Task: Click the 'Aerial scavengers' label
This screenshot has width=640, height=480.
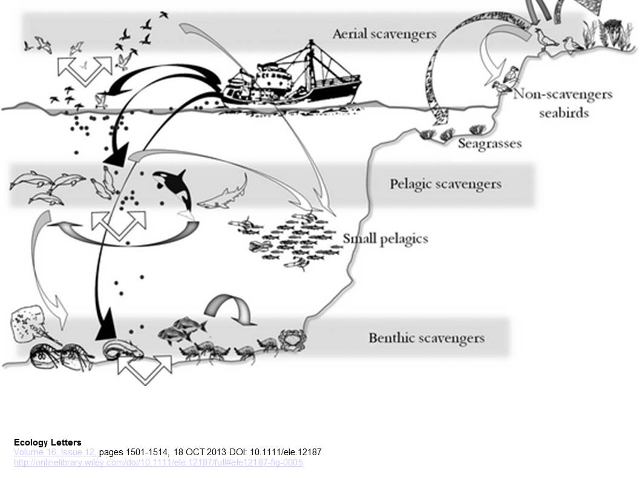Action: coord(384,33)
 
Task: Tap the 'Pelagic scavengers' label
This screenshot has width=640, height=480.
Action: coord(445,183)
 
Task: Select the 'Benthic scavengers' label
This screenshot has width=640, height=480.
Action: coord(426,337)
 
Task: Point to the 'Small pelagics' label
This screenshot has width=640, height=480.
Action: coord(385,238)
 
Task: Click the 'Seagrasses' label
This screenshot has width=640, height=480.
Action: coord(489,143)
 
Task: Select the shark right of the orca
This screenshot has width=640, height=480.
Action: coord(225,195)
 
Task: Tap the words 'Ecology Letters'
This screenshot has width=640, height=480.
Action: coord(47,442)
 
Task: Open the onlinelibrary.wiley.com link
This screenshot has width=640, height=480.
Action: coord(158,463)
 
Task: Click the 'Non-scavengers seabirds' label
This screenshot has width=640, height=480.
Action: coord(563,103)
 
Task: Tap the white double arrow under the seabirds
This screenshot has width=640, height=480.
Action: coord(85,70)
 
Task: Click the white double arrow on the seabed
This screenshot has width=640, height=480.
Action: coord(144,367)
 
